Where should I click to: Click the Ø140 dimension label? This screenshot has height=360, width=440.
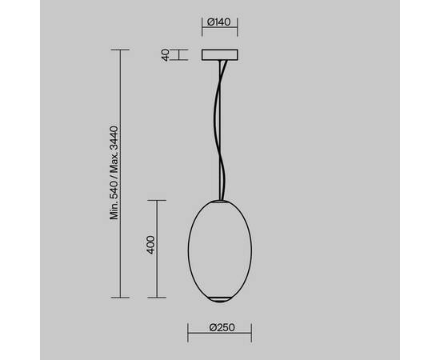219,22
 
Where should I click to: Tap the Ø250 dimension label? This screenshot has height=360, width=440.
222,327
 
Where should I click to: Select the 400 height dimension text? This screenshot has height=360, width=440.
150,245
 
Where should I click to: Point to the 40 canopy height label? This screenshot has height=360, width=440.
166,55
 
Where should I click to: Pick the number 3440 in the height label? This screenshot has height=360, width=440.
114,139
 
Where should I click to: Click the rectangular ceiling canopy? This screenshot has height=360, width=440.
220,55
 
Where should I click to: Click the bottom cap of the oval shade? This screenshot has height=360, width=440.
220,299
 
